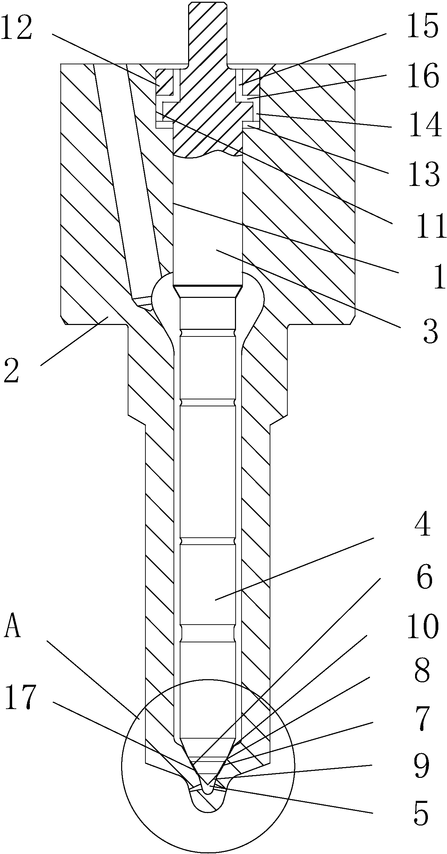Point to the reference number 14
[425, 125]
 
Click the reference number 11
[430, 226]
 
